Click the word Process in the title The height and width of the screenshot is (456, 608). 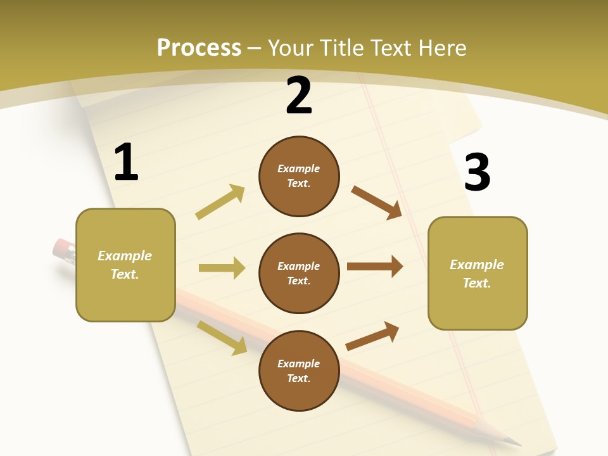(x=199, y=47)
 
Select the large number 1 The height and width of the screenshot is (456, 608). (x=126, y=163)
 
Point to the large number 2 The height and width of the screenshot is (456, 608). (x=299, y=96)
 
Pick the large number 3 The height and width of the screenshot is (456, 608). (x=478, y=173)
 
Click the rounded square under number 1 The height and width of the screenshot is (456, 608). (x=125, y=265)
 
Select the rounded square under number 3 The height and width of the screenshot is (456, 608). (x=478, y=274)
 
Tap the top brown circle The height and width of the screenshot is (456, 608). (x=299, y=176)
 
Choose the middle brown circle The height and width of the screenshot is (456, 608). (x=299, y=273)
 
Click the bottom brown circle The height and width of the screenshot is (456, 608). (x=299, y=370)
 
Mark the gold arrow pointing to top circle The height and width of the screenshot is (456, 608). (x=220, y=201)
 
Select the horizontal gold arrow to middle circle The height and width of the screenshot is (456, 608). (x=222, y=268)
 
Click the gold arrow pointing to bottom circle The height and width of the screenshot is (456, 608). (x=222, y=337)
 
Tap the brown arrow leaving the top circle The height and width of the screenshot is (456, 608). (x=377, y=202)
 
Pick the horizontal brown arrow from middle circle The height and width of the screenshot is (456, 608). (x=375, y=267)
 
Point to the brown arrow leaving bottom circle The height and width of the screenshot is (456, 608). (x=373, y=336)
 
